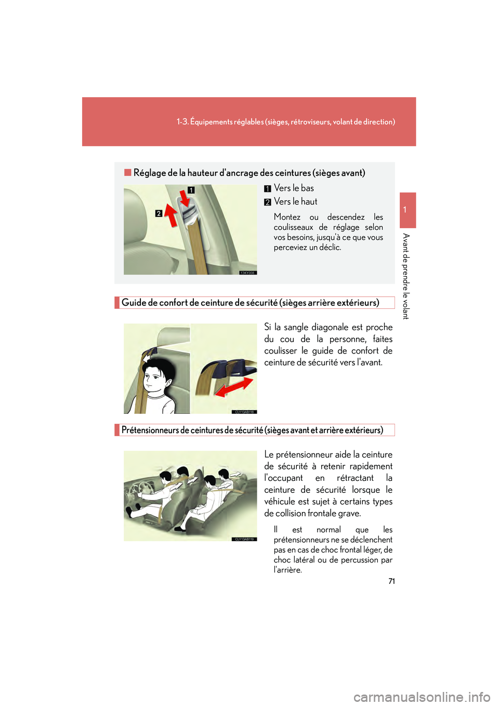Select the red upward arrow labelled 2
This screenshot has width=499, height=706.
tap(171, 215)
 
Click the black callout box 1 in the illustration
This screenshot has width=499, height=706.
tap(191, 190)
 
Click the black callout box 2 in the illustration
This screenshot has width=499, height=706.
tap(159, 213)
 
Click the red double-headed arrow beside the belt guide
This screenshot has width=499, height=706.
tap(233, 387)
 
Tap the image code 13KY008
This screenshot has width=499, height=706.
tap(248, 272)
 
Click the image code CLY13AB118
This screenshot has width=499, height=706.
tap(244, 412)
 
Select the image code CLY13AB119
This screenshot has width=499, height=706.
tap(244, 539)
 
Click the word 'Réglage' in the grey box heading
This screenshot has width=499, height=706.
tap(149, 173)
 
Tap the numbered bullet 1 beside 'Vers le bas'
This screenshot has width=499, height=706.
tap(268, 189)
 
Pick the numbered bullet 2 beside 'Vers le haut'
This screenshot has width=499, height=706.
tap(268, 202)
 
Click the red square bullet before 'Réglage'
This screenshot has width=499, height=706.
tap(127, 172)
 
